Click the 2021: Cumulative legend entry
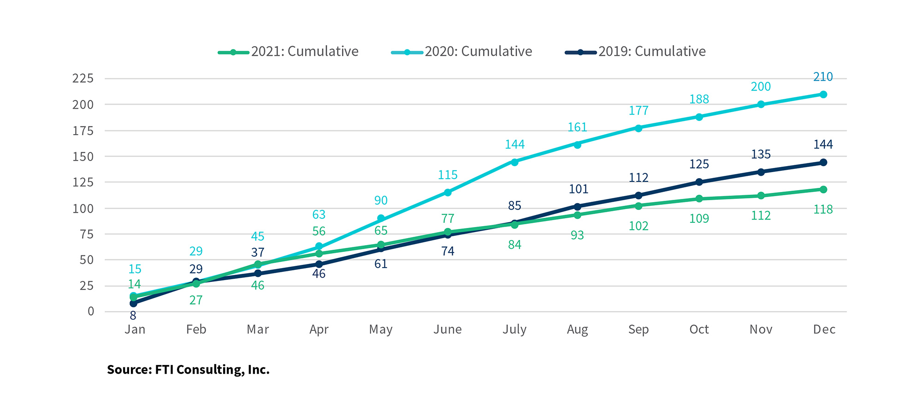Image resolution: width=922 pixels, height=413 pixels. [288, 52]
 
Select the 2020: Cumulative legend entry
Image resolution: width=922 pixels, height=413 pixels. [461, 52]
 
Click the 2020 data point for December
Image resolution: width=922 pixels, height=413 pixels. [823, 95]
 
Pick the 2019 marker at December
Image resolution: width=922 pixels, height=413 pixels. [823, 162]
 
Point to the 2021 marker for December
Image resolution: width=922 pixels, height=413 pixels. [823, 190]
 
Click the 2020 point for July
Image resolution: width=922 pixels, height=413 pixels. [514, 162]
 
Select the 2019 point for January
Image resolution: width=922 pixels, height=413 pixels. [133, 304]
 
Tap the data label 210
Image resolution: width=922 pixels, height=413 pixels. [823, 77]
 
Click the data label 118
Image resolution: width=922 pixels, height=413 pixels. [823, 209]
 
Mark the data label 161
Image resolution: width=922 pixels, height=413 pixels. [577, 127]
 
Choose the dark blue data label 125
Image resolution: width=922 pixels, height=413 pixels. [699, 164]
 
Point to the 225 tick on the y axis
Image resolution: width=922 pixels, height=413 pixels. [83, 78]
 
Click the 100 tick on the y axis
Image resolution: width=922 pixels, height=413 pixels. [83, 209]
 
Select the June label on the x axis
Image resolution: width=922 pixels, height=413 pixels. [447, 329]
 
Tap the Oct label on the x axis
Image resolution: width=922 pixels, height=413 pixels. [699, 329]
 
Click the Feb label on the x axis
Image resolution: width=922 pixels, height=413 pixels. [196, 329]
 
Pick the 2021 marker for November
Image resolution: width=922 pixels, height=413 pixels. [761, 196]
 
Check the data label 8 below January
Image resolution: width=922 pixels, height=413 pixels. [133, 316]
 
